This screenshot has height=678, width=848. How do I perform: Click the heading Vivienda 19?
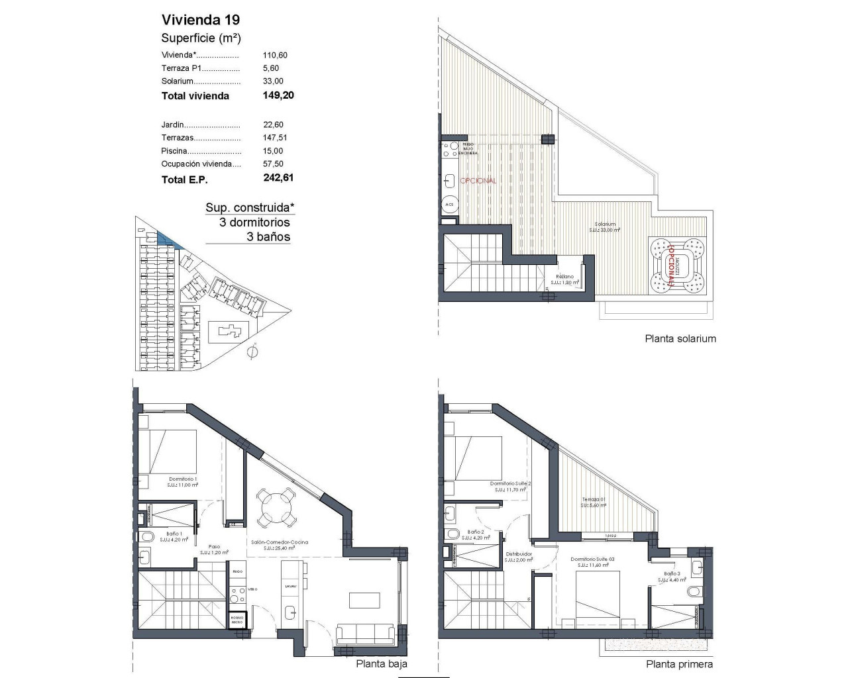point(196,19)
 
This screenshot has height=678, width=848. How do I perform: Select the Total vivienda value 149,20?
point(278,95)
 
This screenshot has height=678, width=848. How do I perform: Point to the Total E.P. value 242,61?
point(278,178)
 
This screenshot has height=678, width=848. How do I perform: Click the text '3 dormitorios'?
point(254,222)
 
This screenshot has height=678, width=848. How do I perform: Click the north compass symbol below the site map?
point(251,352)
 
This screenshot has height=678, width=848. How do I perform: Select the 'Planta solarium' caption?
point(680,338)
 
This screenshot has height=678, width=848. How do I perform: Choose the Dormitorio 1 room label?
point(183,479)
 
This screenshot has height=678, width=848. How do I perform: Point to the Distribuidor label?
point(519,554)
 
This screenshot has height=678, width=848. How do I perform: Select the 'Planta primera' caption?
point(680,664)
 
